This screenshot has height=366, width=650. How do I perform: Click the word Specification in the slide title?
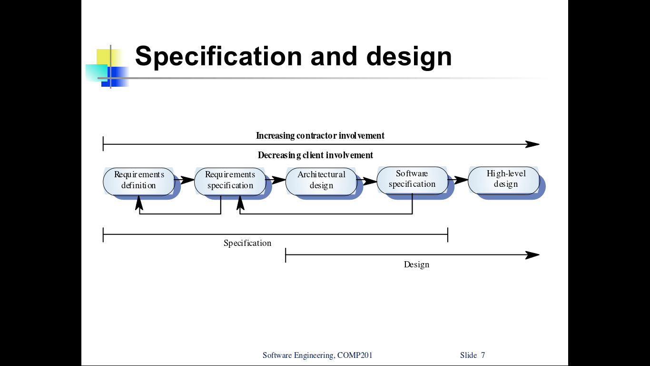tap(218, 56)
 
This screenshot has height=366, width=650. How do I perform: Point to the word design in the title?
tap(409, 56)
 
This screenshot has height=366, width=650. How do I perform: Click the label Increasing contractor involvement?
tap(320, 136)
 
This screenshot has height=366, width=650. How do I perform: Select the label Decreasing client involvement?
tap(315, 155)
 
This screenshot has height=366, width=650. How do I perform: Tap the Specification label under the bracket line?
tap(247, 243)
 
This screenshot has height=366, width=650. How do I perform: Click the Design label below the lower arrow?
tap(416, 264)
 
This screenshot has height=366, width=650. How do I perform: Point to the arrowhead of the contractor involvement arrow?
tap(533, 144)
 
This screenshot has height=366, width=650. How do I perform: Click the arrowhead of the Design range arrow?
tap(533, 255)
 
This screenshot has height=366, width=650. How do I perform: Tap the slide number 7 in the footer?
tap(483, 355)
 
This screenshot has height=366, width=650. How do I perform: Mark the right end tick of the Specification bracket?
tap(448, 234)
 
